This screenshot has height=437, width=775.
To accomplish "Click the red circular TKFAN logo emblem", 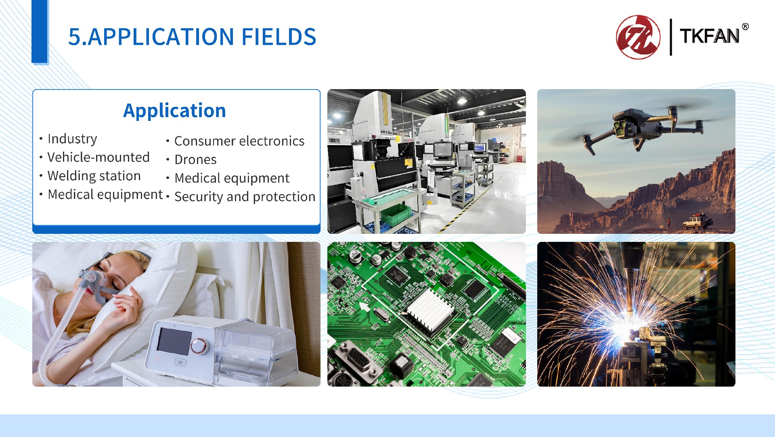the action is tap(638, 37).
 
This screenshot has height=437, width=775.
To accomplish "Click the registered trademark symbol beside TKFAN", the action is tap(745, 27).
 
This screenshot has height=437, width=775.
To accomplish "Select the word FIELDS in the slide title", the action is tap(279, 37).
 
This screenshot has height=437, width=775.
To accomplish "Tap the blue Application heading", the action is tap(174, 110).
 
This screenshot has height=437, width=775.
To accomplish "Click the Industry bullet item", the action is tap(72, 139).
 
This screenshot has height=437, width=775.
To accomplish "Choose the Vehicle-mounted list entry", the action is tap(98, 157).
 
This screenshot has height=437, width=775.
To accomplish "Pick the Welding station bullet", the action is tap(94, 176).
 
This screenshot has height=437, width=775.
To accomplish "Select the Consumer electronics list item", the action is tap(239, 141).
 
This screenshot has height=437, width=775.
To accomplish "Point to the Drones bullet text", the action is tap(195, 160).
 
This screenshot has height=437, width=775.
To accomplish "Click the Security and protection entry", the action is tap(245, 197).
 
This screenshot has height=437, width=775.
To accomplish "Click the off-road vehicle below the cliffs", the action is tap(697, 221).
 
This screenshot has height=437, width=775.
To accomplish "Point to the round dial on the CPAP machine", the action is tap(199, 345).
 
